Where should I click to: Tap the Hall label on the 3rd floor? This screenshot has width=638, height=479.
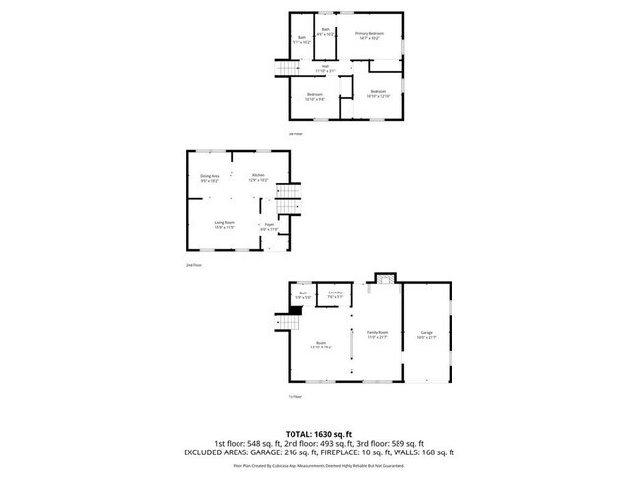click(325, 69)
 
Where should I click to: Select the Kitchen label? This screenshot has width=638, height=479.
click(258, 178)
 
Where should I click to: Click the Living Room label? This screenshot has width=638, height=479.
click(224, 225)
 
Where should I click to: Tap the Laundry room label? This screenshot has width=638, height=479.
click(335, 294)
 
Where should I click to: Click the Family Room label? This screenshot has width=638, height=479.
click(378, 334)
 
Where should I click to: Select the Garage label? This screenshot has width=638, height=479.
click(427, 334)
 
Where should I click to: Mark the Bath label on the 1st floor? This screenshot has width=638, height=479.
click(304, 295)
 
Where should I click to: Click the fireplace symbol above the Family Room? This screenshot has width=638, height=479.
click(385, 279)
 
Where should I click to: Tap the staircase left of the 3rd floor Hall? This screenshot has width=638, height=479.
click(287, 67)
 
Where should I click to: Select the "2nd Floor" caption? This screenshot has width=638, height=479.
click(193, 265)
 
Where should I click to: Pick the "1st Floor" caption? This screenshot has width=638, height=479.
click(293, 396)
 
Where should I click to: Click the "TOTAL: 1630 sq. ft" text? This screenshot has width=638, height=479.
click(319, 433)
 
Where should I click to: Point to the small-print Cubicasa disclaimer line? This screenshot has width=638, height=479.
click(319, 467)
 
